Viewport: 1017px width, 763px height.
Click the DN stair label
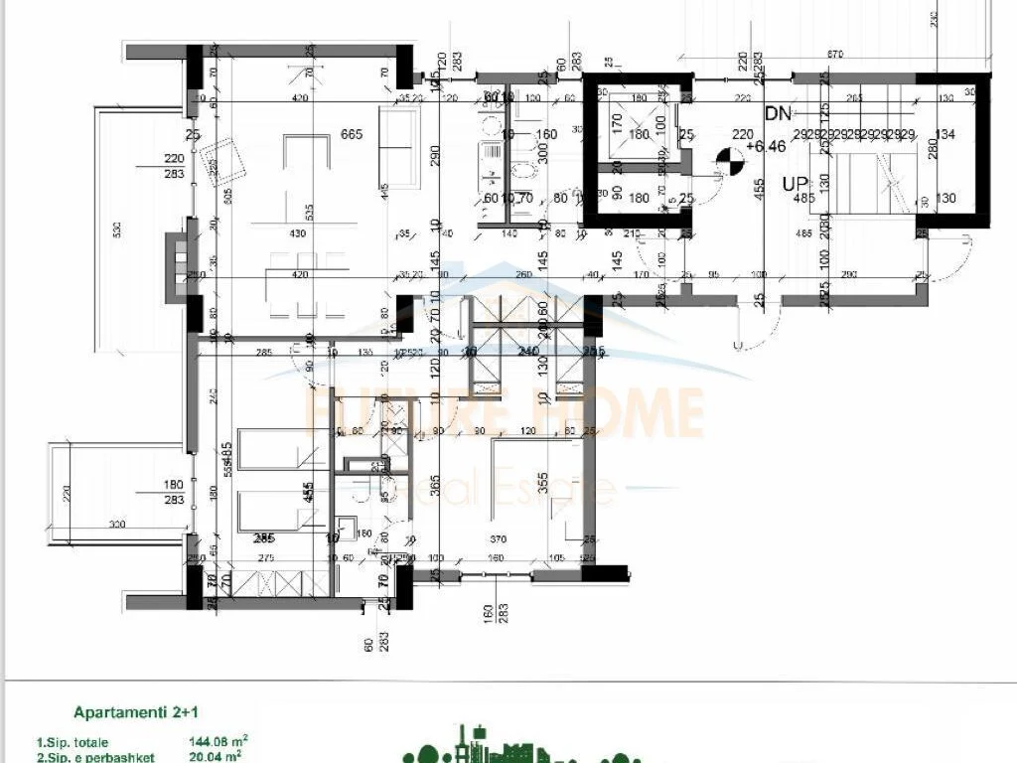(x=778, y=114)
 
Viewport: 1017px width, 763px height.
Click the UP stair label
(x=795, y=184)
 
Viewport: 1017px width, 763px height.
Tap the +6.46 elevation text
(x=771, y=147)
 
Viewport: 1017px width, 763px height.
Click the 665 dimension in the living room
(x=352, y=135)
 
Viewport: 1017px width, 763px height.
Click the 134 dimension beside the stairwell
(x=944, y=135)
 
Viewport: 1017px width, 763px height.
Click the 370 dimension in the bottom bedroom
(x=499, y=538)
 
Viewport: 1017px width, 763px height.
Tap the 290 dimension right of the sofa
(x=434, y=157)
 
